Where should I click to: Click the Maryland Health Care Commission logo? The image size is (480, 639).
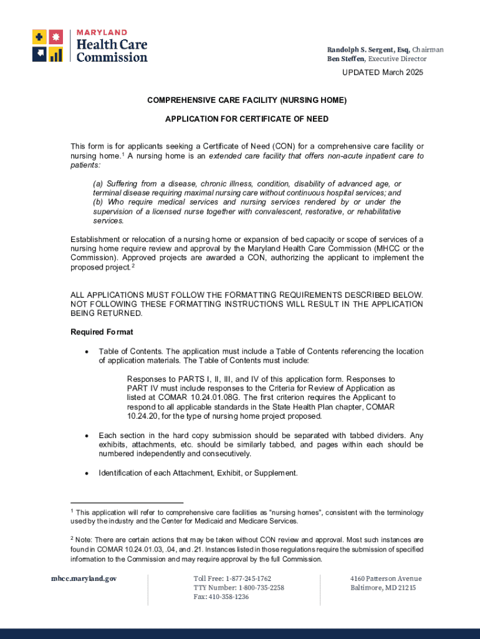90,45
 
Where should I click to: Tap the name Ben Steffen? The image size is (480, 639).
347,59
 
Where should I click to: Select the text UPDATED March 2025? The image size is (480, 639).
382,73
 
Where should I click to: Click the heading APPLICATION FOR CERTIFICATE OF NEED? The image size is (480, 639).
246,119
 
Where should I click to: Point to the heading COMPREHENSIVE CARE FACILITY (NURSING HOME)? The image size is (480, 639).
246,100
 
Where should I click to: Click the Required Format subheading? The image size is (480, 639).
102,332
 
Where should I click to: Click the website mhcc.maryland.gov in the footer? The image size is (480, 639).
84,578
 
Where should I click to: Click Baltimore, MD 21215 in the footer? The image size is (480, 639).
382,588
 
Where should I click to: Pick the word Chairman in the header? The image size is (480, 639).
428,49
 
